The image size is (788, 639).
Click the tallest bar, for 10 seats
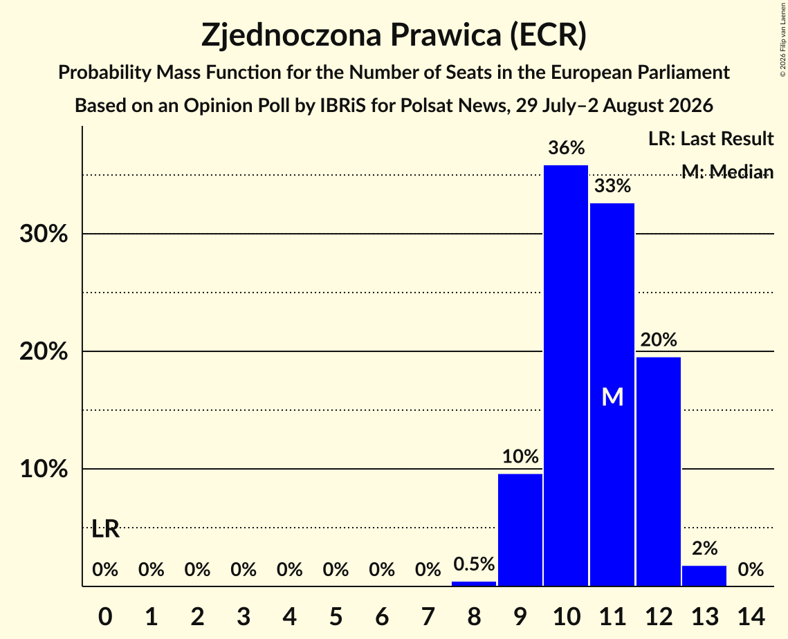pyautogui.click(x=566, y=376)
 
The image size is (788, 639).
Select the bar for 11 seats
pyautogui.click(x=612, y=394)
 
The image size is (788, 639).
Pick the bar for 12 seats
pyautogui.click(x=659, y=471)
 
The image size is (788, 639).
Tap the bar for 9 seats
pyautogui.click(x=520, y=530)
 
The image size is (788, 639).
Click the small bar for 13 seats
pyautogui.click(x=704, y=575)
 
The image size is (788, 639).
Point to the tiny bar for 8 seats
pyautogui.click(x=474, y=584)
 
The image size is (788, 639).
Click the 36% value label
pyautogui.click(x=567, y=148)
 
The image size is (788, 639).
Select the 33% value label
pyautogui.click(x=612, y=186)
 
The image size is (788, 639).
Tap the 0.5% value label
pyautogui.click(x=474, y=564)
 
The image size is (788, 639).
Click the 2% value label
pyautogui.click(x=704, y=548)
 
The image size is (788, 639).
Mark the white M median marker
pyautogui.click(x=612, y=397)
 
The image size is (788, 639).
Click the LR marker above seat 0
pyautogui.click(x=106, y=528)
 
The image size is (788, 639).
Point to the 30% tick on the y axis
pyautogui.click(x=44, y=234)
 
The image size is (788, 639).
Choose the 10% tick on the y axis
pyautogui.click(x=44, y=469)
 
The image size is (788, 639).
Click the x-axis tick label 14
pyautogui.click(x=751, y=616)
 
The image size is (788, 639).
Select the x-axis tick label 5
pyautogui.click(x=336, y=616)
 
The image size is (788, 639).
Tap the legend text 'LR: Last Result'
pyautogui.click(x=711, y=138)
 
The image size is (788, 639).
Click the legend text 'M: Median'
pyautogui.click(x=727, y=172)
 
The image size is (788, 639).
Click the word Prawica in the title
pyautogui.click(x=446, y=35)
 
